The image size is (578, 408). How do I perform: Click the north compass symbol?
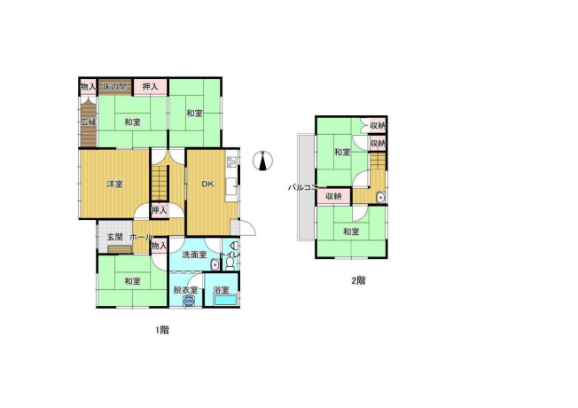(x=262, y=161)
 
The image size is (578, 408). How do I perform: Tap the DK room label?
(x=207, y=184)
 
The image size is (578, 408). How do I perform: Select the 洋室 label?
(x=114, y=184)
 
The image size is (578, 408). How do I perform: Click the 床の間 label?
(x=114, y=87)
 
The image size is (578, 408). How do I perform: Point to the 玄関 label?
(x=114, y=237)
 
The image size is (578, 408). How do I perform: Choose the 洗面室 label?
(x=194, y=255)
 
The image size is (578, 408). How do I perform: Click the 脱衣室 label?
(x=185, y=290)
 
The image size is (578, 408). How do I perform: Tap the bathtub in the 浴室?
(x=225, y=300)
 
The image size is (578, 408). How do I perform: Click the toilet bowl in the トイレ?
(x=230, y=263)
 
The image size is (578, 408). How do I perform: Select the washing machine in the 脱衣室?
(x=188, y=302)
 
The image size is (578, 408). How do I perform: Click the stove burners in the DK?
(x=232, y=161)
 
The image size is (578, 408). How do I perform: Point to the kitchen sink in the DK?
(x=231, y=188)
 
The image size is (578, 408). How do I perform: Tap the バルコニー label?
(x=302, y=187)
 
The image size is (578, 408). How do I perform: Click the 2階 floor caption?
(x=358, y=281)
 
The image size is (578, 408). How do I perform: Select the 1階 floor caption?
(x=162, y=330)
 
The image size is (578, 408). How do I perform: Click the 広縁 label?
(x=89, y=122)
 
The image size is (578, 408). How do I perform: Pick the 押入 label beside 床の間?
(x=150, y=87)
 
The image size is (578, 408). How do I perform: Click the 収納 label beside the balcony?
(x=333, y=196)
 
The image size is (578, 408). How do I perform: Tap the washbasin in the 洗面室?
(x=215, y=265)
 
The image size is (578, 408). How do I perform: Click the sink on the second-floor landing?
(x=381, y=198)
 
